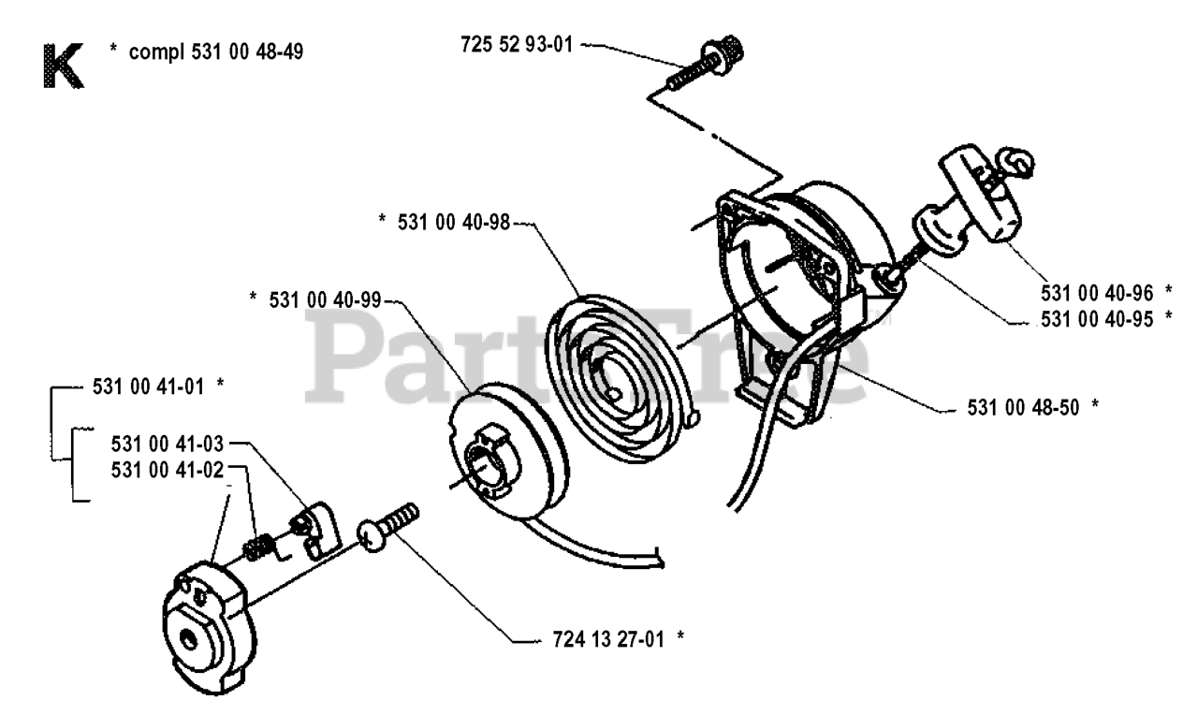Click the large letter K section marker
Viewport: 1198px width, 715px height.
click(64, 66)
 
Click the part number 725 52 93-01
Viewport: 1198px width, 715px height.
click(517, 44)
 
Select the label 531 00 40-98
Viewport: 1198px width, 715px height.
click(454, 222)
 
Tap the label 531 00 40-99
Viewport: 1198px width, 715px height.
click(325, 300)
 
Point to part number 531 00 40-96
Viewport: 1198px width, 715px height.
click(1097, 293)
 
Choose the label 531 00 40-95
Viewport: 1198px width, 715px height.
click(1097, 319)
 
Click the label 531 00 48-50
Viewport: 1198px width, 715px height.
click(1024, 407)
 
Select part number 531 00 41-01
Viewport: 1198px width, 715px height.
click(148, 387)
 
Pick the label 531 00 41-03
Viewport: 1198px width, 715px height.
click(167, 444)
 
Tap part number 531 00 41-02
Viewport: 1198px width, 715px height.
click(167, 470)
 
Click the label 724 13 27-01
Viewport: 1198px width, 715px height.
click(608, 639)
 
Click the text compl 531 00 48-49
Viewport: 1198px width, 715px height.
click(216, 51)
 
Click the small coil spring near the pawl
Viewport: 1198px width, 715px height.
click(259, 547)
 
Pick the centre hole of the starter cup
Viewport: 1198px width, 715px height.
click(188, 638)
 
